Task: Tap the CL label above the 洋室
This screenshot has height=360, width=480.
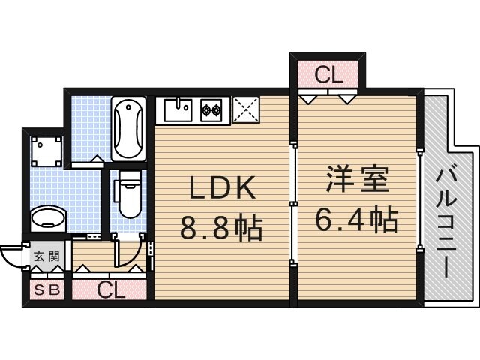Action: [328, 75]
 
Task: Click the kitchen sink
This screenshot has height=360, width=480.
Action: [178, 111]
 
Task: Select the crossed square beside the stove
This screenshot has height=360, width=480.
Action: [245, 110]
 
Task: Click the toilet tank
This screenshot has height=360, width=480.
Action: [130, 178]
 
